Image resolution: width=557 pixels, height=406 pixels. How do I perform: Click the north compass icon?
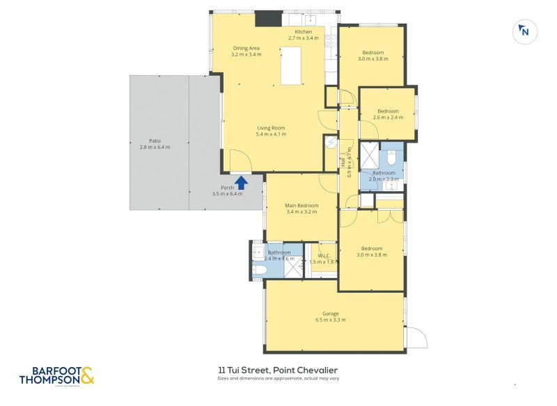524,31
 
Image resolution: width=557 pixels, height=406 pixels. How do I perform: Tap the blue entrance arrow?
241,182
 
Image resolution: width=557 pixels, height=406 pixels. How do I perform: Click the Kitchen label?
304,32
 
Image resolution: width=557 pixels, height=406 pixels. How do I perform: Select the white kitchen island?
291,65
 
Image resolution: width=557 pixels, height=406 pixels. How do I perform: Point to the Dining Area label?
246,48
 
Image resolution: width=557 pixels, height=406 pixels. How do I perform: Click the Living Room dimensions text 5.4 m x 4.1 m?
271,134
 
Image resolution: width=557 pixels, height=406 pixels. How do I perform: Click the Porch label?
227,188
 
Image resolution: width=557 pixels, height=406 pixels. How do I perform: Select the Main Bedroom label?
301,206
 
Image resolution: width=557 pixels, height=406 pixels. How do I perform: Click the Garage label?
330,314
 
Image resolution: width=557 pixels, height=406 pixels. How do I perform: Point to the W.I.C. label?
323,255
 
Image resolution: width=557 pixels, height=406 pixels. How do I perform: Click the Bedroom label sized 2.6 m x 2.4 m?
388,111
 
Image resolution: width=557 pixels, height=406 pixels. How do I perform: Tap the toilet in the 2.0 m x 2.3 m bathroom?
392,159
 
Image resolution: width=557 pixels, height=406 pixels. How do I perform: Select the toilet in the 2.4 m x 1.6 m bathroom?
259,270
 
